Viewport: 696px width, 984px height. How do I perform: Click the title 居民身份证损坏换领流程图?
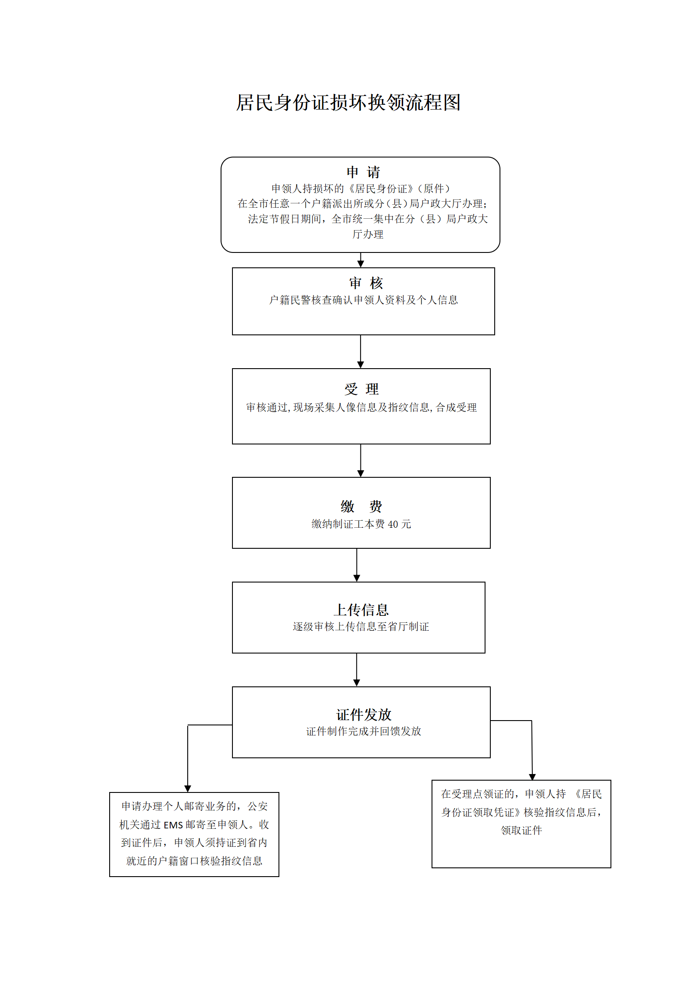[348, 103]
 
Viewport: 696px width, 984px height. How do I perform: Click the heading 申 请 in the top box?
[363, 172]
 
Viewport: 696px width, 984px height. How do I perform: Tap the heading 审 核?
[366, 283]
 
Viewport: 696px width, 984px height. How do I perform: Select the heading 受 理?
[361, 389]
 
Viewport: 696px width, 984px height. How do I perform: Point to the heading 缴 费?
[361, 506]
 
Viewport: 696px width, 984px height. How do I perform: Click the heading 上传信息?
[361, 610]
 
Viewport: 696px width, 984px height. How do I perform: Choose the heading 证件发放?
[364, 715]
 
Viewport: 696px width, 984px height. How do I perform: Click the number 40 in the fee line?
[393, 524]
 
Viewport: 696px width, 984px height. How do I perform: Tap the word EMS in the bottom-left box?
[173, 825]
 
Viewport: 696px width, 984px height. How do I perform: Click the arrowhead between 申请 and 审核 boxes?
[360, 263]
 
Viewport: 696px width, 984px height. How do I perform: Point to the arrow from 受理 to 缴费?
[360, 460]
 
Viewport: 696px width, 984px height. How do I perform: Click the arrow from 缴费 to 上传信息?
[357, 565]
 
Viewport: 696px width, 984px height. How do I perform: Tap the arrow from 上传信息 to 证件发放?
[357, 670]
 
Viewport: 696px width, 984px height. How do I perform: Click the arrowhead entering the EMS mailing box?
[188, 789]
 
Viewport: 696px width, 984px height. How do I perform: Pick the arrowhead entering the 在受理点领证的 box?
[532, 777]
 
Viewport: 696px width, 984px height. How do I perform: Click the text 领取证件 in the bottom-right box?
[521, 830]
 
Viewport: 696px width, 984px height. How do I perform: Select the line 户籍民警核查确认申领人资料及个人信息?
[364, 300]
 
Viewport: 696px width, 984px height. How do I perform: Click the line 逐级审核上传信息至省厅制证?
[361, 627]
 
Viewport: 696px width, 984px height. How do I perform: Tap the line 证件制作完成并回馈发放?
[364, 731]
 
